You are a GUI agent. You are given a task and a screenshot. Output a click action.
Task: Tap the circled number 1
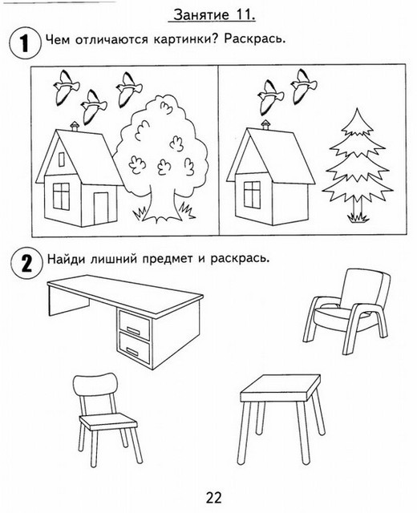(24, 42)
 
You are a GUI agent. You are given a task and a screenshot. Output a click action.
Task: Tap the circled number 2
(26, 262)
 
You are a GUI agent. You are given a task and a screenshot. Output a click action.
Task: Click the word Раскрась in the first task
(255, 39)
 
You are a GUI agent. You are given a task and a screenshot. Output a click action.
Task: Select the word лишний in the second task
(114, 259)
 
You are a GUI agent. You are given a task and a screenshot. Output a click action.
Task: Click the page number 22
(214, 497)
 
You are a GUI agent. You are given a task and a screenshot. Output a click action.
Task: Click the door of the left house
(101, 208)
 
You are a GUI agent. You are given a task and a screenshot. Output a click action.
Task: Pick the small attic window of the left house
(62, 160)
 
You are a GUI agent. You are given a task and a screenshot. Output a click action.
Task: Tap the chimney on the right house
(265, 124)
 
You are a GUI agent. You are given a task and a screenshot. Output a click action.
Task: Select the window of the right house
(252, 195)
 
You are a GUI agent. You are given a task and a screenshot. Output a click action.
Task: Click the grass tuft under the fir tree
(358, 217)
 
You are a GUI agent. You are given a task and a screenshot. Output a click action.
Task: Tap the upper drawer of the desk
(134, 325)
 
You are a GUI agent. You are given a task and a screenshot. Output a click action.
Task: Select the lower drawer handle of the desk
(132, 352)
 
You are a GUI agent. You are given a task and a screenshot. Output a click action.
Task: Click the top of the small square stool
(281, 388)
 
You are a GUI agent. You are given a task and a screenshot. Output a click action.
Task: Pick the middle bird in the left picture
(93, 107)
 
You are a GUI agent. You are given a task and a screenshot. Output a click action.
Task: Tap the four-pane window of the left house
(61, 196)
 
